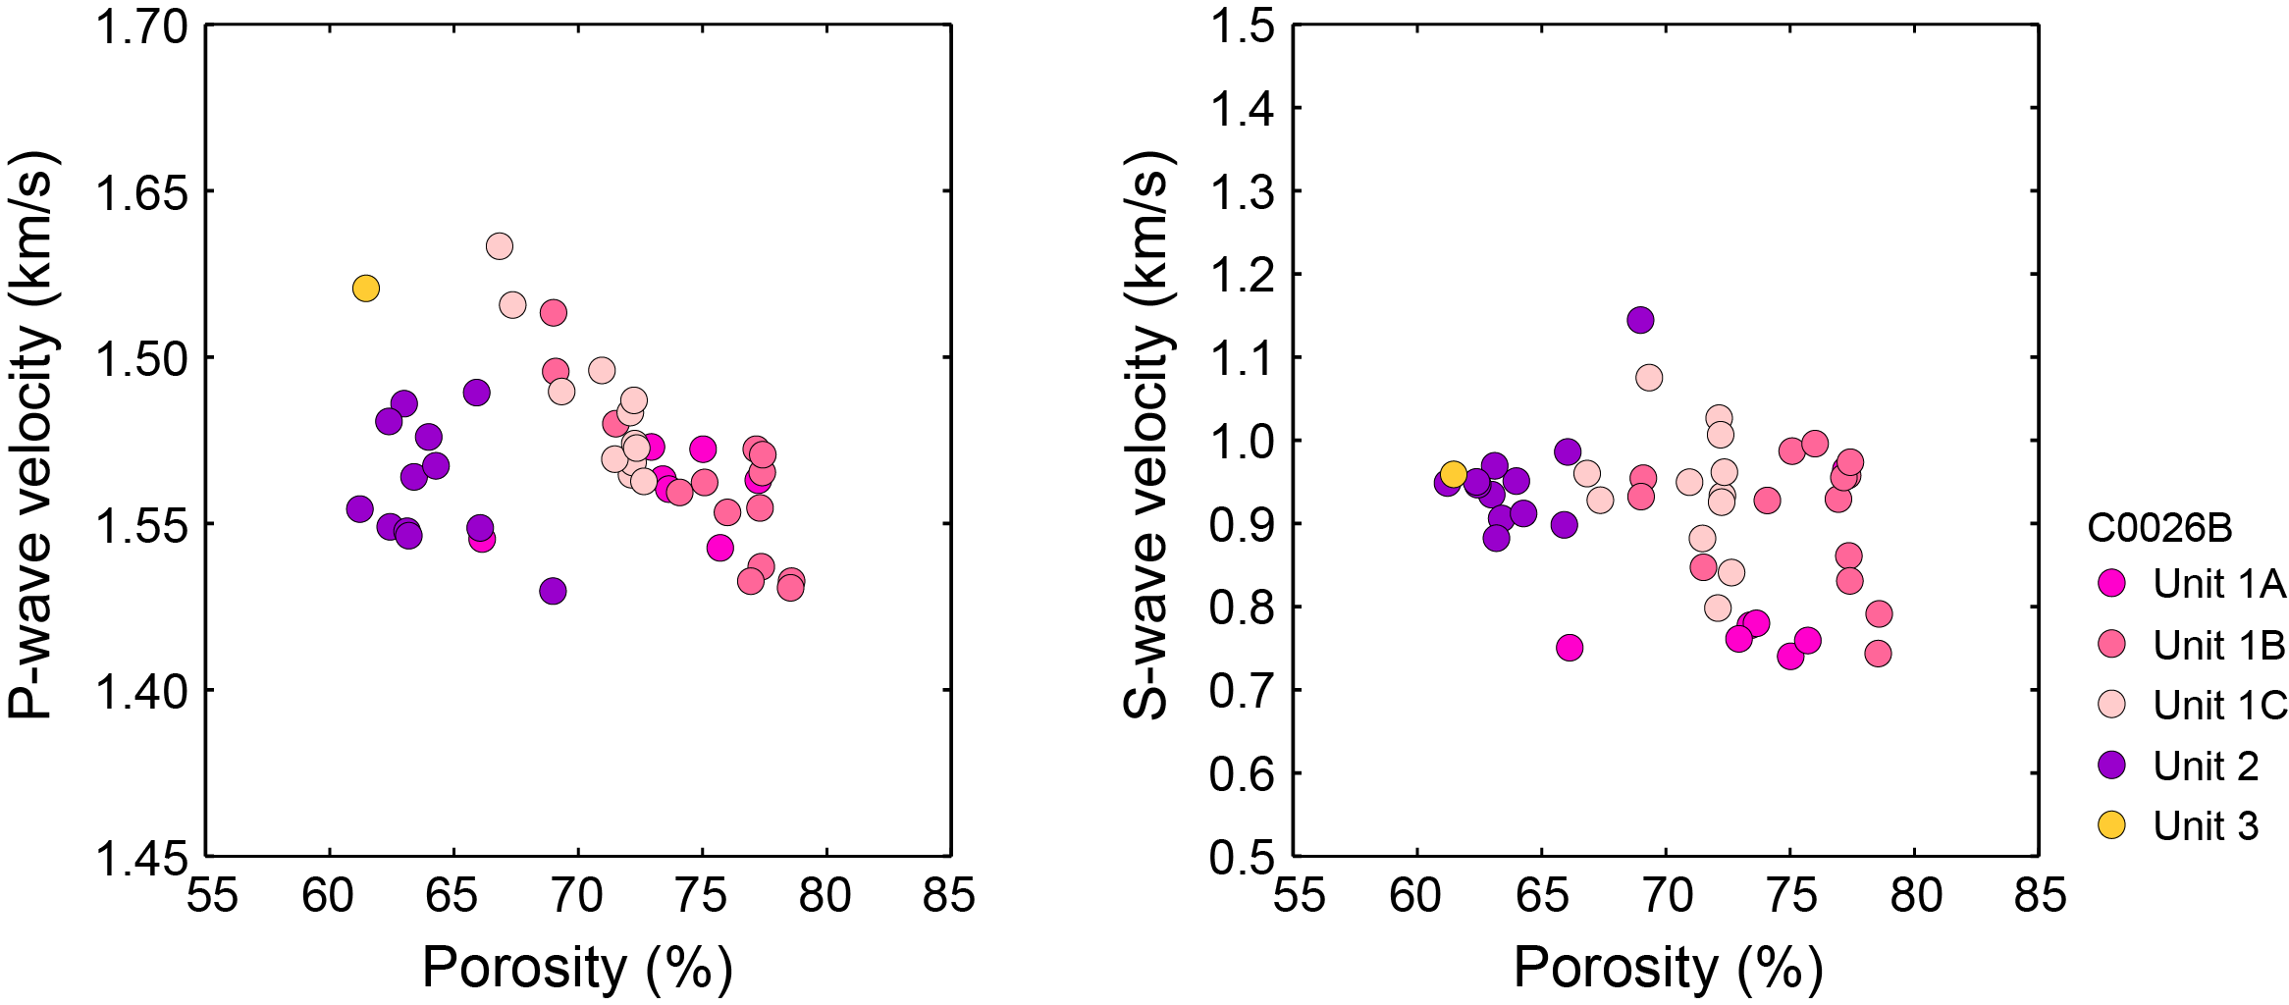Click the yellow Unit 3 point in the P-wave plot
tap(365, 289)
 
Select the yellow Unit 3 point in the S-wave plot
tap(1454, 475)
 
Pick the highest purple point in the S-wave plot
tap(1640, 320)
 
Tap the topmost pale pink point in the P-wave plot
tap(500, 246)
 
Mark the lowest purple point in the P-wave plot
tap(553, 591)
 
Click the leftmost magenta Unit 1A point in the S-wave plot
tap(1570, 648)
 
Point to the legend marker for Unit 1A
tap(2111, 584)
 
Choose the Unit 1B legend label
tap(2218, 645)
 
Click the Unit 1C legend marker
tap(2111, 705)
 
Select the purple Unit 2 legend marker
tap(2111, 766)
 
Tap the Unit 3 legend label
tap(2206, 826)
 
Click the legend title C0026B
tap(2159, 528)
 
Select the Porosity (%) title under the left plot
tap(577, 968)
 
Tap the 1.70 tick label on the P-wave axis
tap(141, 27)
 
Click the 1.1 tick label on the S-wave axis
tap(1242, 358)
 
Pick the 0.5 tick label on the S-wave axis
tap(1242, 858)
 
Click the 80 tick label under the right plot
tap(1915, 895)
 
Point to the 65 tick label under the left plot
tap(452, 895)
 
